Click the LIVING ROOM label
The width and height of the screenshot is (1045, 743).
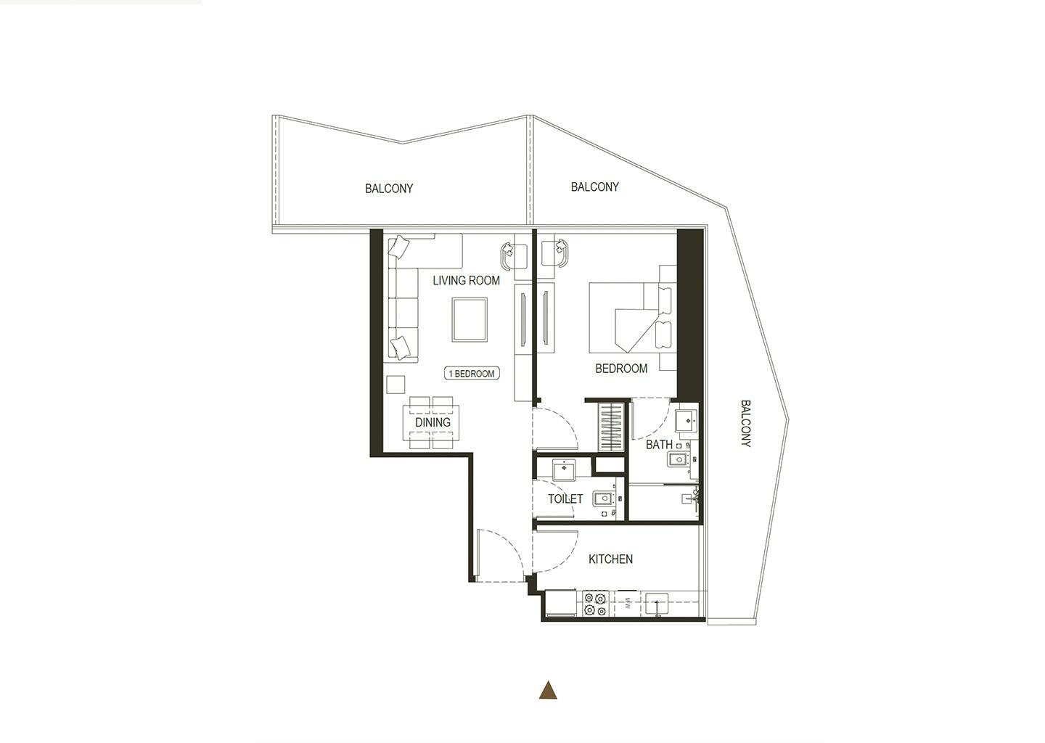[466, 280]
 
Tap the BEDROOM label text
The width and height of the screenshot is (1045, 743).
[621, 369]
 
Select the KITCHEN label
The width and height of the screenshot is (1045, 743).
[610, 559]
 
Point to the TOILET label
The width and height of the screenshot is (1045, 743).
[565, 498]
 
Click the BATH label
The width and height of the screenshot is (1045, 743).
[659, 445]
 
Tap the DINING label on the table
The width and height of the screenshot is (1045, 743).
[433, 422]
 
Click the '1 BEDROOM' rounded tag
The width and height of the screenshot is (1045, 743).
[472, 374]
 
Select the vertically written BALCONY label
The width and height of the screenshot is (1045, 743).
[746, 424]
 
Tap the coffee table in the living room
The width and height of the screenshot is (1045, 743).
[470, 320]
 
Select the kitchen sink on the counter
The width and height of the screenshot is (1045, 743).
[656, 604]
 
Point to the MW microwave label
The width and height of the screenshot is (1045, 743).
[628, 604]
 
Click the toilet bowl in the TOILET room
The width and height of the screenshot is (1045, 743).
[603, 499]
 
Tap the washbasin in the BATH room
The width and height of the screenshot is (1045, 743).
[687, 421]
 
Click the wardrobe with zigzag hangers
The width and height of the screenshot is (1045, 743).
[611, 427]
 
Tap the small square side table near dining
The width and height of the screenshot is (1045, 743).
[396, 385]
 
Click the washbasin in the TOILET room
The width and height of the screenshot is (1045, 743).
[564, 469]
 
